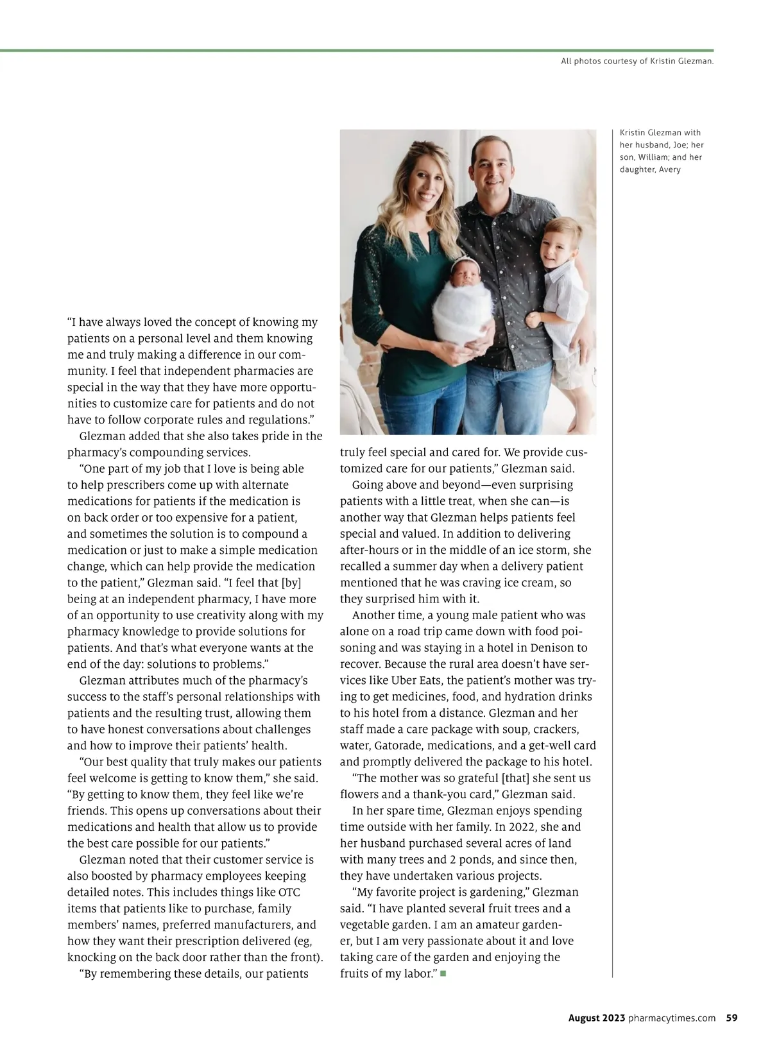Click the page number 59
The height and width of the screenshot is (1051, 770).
point(732,1018)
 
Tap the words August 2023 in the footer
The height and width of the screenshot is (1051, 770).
point(597,1018)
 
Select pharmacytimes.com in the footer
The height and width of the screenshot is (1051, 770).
point(672,1018)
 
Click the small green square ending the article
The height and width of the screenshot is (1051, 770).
point(443,974)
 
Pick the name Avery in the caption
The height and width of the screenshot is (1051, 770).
point(669,169)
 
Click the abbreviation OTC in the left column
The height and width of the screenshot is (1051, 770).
point(289,893)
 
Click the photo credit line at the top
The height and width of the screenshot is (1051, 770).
point(637,62)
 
